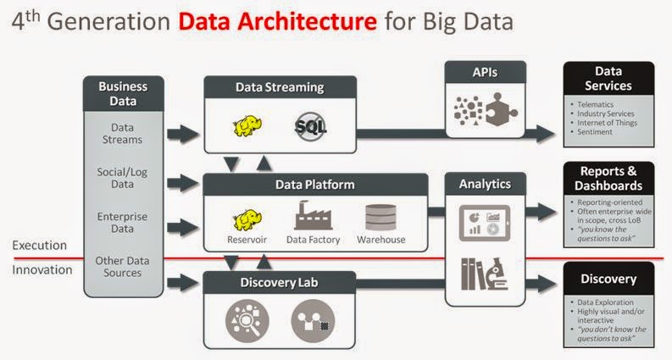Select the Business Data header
[x=123, y=93]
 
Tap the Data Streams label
[x=123, y=134]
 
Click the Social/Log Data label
[x=123, y=179]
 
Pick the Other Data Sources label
[x=123, y=268]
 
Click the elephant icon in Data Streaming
[x=249, y=127]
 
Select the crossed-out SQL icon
[x=311, y=127]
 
